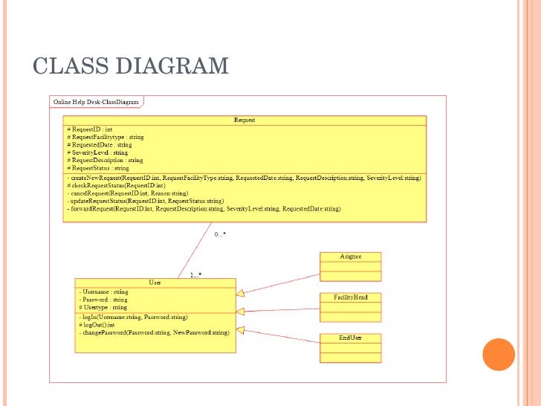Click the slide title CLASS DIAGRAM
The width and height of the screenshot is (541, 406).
(131, 65)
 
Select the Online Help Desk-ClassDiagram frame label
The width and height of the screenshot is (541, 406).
(96, 101)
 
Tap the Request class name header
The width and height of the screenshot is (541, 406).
(244, 120)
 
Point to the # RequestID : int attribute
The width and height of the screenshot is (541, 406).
(90, 129)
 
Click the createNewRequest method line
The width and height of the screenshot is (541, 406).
(244, 178)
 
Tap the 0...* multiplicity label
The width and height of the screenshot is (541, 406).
(220, 234)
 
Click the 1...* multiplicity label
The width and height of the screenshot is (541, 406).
(195, 275)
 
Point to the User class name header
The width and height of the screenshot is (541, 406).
(155, 283)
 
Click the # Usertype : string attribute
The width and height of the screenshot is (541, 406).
(103, 307)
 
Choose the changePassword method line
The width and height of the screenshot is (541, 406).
(155, 332)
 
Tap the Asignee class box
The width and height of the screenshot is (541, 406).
(351, 266)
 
